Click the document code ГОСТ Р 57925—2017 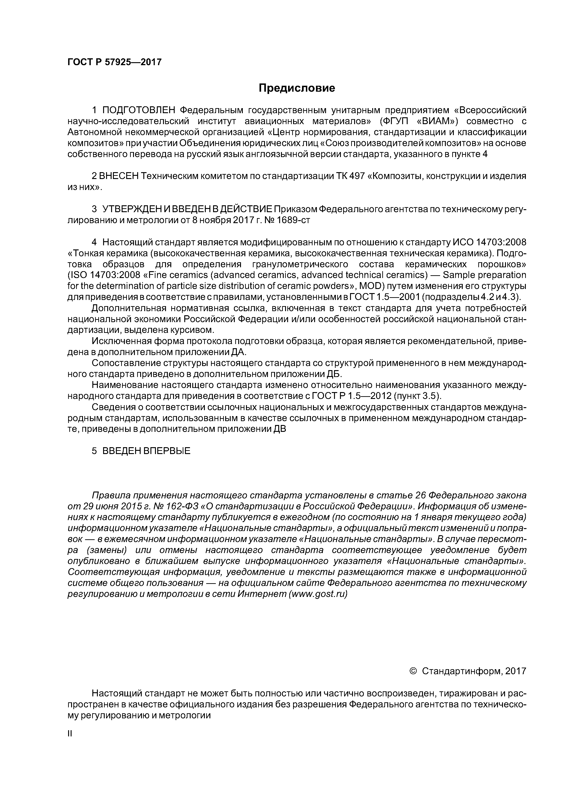(x=115, y=62)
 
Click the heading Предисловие (x=297, y=88)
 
